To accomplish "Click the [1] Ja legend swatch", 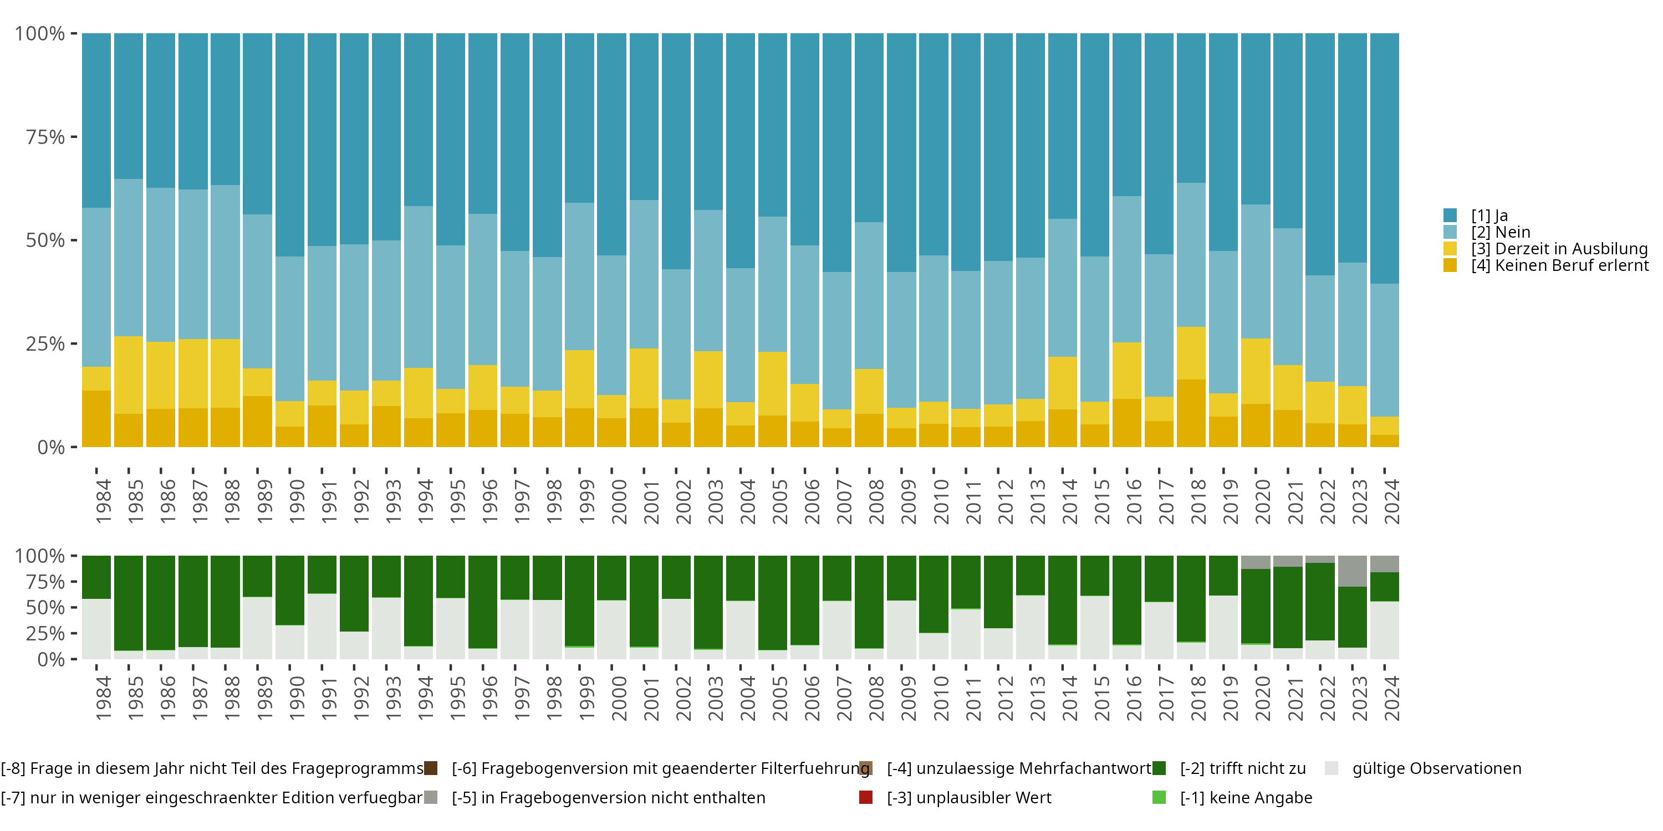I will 1450,216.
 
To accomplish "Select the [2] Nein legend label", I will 1501,232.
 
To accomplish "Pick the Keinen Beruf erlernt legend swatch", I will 1450,265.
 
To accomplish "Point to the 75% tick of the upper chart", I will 74,137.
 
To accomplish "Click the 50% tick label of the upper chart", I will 45,240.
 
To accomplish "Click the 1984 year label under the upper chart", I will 103,501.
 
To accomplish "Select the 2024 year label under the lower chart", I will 1391,698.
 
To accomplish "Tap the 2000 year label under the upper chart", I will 619,501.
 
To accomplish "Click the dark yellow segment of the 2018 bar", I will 1191,413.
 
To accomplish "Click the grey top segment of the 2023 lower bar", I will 1353,571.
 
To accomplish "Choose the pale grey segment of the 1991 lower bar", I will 322,626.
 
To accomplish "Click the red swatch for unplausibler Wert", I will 866,797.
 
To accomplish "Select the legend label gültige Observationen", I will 1436,768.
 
